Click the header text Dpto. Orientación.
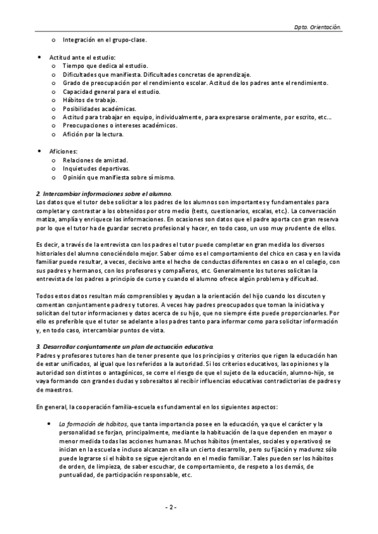pos(318,28)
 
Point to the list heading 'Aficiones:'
pos(64,151)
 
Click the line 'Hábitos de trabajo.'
pos(89,100)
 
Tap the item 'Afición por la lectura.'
pos(93,134)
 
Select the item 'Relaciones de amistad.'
pos(95,160)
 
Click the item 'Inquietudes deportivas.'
pos(96,169)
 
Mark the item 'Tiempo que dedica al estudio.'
pos(105,66)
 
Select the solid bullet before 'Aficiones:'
pos(41,151)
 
